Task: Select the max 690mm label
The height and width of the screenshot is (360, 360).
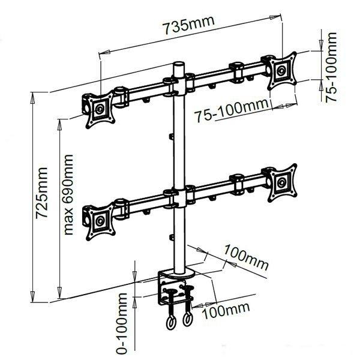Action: click(x=68, y=194)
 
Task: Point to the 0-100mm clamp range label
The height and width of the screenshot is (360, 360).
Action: click(x=122, y=324)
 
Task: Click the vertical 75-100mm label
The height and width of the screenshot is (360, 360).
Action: click(x=331, y=67)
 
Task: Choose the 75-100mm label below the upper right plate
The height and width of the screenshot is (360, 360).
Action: click(x=231, y=110)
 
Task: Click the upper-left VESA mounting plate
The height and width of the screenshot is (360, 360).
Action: click(x=100, y=109)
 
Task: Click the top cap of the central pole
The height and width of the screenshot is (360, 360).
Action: click(x=179, y=64)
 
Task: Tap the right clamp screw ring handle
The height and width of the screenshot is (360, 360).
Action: click(x=187, y=320)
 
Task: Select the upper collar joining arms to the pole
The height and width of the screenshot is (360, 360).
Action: click(x=179, y=86)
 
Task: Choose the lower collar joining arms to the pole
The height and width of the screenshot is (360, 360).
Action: click(x=179, y=197)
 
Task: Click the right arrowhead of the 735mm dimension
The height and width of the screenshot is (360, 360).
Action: click(x=275, y=17)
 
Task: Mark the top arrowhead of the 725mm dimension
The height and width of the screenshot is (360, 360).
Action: click(x=32, y=97)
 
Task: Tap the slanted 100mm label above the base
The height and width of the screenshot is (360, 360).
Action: click(x=245, y=257)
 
